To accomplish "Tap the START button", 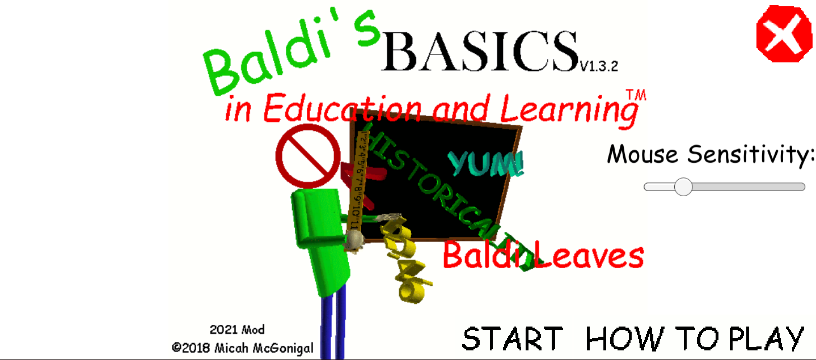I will [x=513, y=338].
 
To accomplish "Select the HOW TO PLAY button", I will [x=695, y=338].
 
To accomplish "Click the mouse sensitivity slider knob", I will [x=683, y=187].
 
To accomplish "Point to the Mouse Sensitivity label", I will [x=710, y=154].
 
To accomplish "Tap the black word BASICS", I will [x=480, y=51].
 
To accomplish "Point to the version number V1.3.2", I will [x=598, y=67].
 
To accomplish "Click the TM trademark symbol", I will [x=636, y=95].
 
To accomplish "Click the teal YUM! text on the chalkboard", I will [x=487, y=163].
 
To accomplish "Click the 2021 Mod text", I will [x=237, y=329].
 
